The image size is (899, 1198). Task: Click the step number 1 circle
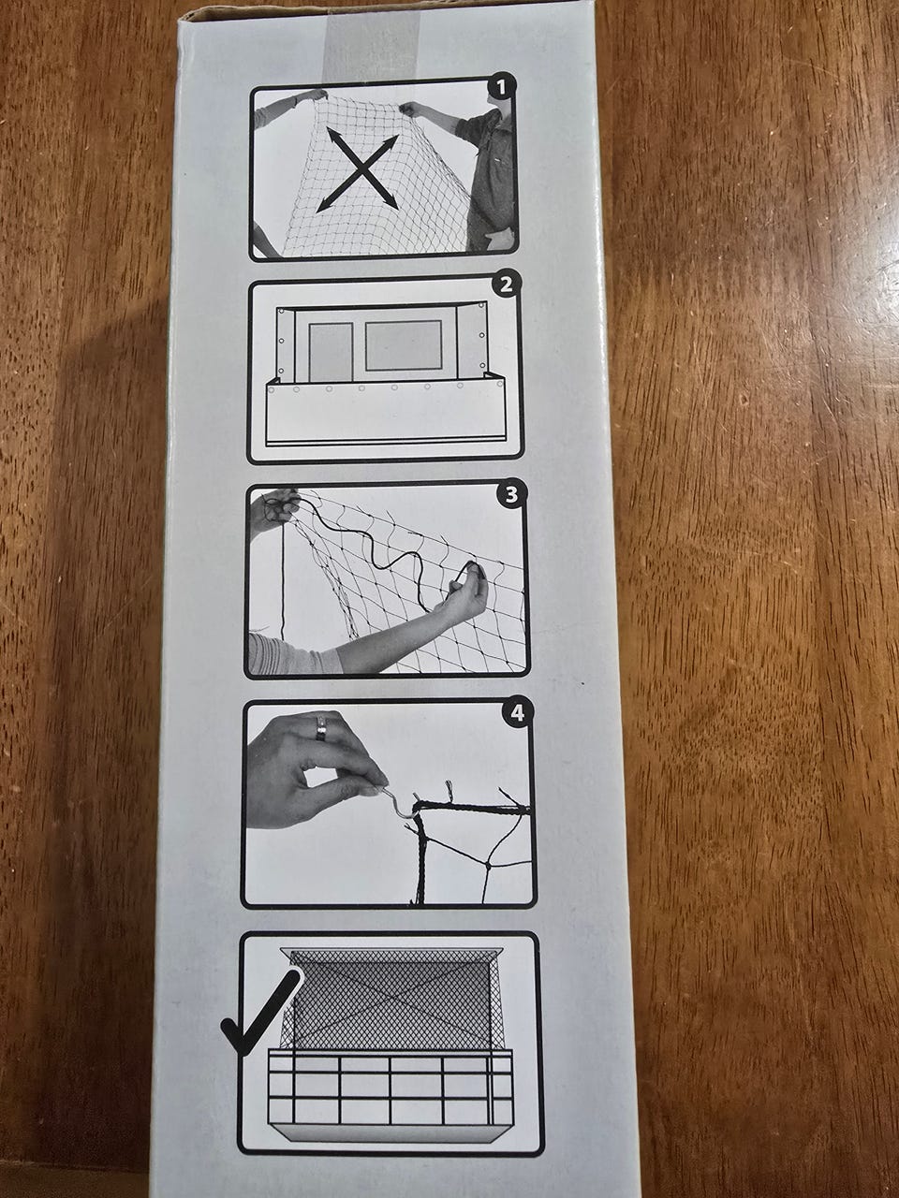pos(500,88)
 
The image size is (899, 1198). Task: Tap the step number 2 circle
pos(506,284)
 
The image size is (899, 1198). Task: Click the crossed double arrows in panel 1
pos(358,169)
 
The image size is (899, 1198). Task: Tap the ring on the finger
pos(320,728)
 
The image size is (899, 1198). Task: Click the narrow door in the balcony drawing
pos(331,352)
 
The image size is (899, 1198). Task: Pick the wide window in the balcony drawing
pos(404,345)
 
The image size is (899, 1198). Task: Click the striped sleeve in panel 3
pos(294,653)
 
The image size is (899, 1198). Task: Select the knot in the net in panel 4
pos(488,866)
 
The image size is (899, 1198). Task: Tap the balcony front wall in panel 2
pos(386,413)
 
